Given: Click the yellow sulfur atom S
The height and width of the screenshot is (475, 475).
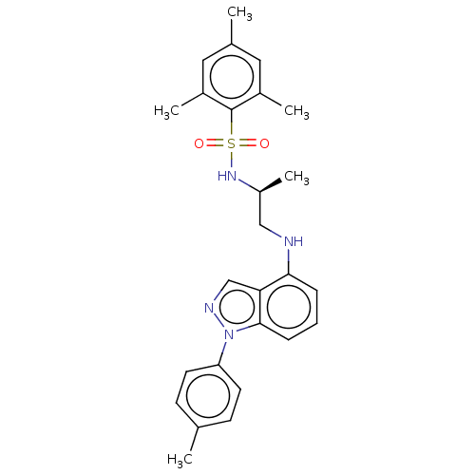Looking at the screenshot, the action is pos(232,143).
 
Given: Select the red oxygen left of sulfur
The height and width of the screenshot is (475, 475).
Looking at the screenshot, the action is pos(199,143).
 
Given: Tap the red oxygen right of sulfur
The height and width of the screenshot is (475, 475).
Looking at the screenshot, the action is pos(264,143).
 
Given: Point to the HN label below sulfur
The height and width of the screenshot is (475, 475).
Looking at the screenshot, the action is pos(227,176).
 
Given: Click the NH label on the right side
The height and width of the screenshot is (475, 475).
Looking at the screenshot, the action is pos(293,242).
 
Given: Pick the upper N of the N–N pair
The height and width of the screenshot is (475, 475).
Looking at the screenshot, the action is pos(209,308).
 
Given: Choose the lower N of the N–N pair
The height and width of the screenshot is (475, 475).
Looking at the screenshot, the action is pos(228,333).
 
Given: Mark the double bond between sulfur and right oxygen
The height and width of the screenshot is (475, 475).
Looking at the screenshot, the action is pos(248,143).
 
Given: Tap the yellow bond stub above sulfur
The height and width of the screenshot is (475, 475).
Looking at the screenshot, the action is pos(232,128).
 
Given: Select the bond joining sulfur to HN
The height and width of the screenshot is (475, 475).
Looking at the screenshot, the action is pos(232,160).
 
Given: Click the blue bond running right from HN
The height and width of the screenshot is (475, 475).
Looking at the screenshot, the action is pos(243,182).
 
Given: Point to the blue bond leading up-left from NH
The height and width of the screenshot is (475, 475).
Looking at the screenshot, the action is pos(275,233).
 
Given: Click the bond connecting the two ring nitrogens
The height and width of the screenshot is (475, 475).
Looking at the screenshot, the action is pos(218,321).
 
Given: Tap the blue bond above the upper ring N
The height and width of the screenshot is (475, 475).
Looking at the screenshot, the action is pos(216,294).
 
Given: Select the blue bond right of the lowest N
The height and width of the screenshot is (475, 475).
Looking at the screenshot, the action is pos(242,329).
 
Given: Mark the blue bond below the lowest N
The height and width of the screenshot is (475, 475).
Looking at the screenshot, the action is pos(225,347).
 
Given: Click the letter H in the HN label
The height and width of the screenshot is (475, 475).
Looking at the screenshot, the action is pos(222,176).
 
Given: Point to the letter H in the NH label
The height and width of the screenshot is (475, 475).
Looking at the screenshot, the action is pos(298,242).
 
